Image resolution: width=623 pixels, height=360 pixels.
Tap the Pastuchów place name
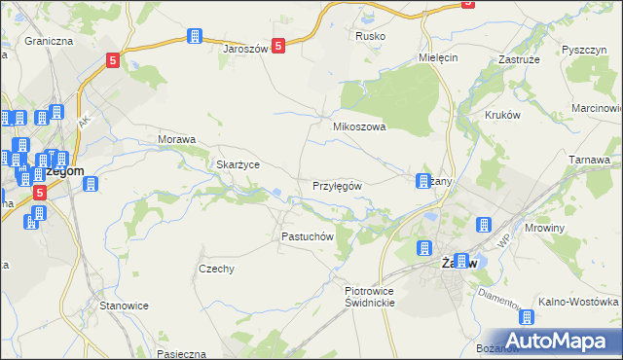[x=308, y=236]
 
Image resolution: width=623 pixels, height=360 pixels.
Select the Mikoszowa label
[x=360, y=126]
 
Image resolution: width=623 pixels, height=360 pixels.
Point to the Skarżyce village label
[x=238, y=164]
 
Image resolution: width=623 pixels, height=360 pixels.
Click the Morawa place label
[x=177, y=139]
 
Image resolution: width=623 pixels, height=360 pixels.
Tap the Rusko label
[x=371, y=36]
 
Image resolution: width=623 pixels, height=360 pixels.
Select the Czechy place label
[x=216, y=269]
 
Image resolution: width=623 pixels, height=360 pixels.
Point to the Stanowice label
[x=124, y=305]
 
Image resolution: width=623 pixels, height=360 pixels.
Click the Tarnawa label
[x=589, y=159]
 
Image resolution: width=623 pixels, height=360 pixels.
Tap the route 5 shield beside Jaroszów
[x=278, y=46]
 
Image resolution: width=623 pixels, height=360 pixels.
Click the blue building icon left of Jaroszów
[x=194, y=37]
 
